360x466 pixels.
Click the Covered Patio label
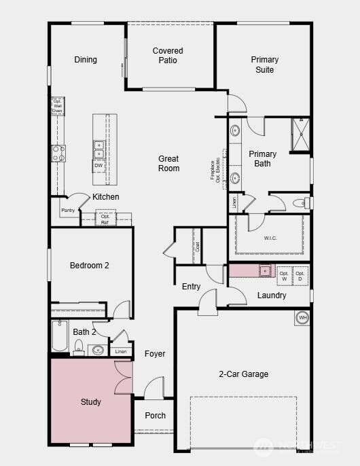[168, 55]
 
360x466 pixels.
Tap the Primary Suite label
[264, 65]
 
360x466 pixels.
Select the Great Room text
[169, 163]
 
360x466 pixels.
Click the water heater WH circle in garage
[302, 317]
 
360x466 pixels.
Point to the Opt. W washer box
[284, 275]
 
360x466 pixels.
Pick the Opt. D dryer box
[300, 275]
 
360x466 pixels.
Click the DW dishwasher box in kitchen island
[98, 166]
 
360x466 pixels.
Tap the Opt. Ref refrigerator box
[105, 219]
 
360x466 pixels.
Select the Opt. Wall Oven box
[58, 107]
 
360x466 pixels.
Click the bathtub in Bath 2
[60, 336]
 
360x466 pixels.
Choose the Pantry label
[68, 211]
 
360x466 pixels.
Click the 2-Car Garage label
[243, 374]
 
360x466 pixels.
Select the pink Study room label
[91, 401]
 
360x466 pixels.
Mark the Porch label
[156, 415]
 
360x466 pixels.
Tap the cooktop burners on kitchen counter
[59, 154]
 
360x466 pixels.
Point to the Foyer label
[155, 353]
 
